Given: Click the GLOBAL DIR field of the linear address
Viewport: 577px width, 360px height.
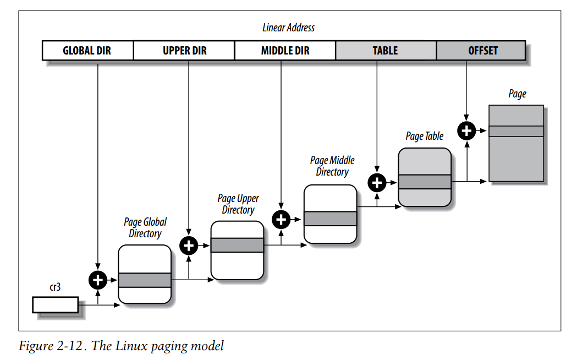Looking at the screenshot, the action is tap(87, 51).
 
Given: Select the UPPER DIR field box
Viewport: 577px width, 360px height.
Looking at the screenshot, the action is tap(184, 51).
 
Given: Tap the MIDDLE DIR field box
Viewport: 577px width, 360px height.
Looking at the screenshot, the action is tap(285, 51).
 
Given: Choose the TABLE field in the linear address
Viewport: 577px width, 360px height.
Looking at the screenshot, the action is tap(386, 51).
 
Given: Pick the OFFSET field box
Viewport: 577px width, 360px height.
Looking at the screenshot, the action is tap(481, 51).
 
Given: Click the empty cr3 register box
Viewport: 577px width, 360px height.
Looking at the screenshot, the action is tap(55, 305).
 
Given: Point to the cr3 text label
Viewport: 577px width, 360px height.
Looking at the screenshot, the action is tap(55, 287).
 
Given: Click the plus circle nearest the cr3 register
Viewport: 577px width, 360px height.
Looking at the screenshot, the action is tap(98, 280).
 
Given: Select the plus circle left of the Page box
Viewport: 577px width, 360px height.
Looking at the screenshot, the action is tap(466, 130).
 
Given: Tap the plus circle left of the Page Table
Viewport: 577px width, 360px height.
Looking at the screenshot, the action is tap(377, 183).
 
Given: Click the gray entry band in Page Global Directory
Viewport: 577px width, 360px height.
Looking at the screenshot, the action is tap(145, 280).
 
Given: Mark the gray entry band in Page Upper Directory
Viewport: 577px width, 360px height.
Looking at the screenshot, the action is tap(238, 245).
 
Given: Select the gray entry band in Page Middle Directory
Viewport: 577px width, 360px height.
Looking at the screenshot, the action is tap(331, 219).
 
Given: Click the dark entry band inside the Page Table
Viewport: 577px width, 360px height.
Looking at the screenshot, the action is tap(425, 182).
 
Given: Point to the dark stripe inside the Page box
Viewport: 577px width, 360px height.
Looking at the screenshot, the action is tap(516, 132).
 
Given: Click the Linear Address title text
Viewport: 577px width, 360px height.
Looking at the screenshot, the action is tap(288, 28).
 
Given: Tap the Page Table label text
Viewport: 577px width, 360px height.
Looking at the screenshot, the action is tap(425, 136).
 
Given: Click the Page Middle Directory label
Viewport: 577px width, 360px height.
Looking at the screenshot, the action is tap(332, 166).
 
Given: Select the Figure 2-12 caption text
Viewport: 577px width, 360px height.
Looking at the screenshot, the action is tap(122, 346).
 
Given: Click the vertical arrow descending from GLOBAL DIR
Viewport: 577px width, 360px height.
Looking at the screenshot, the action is tap(98, 165).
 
